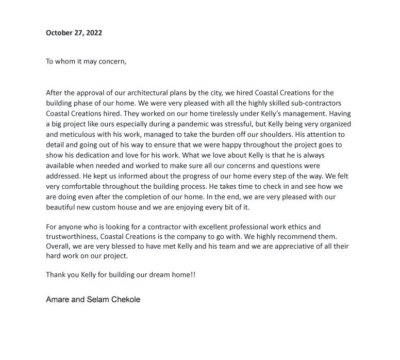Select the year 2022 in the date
coord(93,32)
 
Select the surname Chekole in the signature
coord(123,299)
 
